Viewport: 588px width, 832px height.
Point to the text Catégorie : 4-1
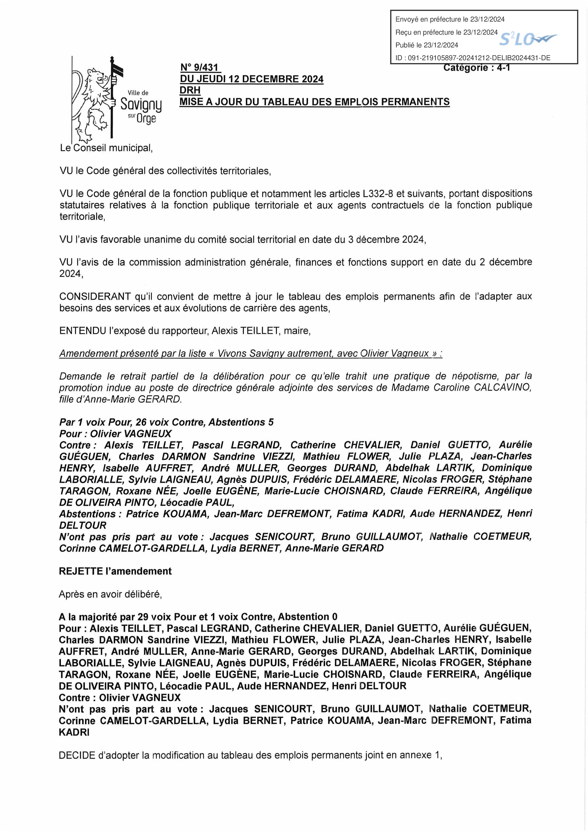pyautogui.click(x=477, y=68)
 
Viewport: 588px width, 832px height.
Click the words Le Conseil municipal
pyautogui.click(x=106, y=148)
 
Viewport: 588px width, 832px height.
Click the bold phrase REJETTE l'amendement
pyautogui.click(x=115, y=571)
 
